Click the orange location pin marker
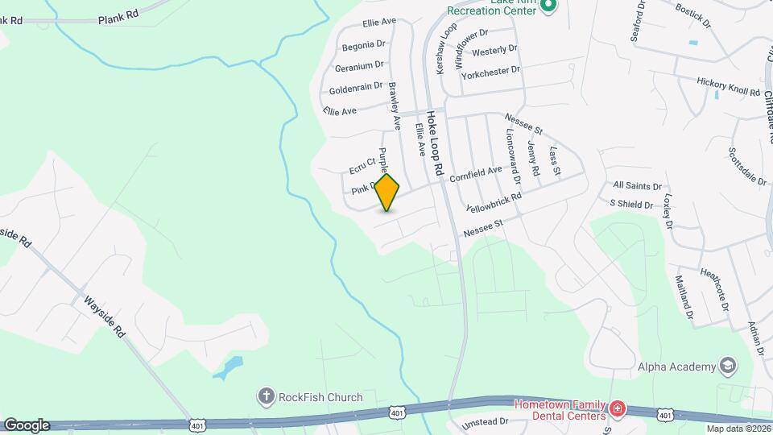pos(387,193)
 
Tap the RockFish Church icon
pos(266,396)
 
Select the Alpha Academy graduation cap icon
pos(729,367)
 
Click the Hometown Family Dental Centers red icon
pos(618,409)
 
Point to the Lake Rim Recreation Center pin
pos(548,6)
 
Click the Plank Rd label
pos(118,17)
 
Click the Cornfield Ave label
pos(476,173)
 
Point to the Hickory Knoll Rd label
pos(730,87)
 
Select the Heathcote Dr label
pos(715,289)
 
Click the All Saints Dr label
pos(636,185)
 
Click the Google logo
pos(27,425)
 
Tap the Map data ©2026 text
pos(738,429)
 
